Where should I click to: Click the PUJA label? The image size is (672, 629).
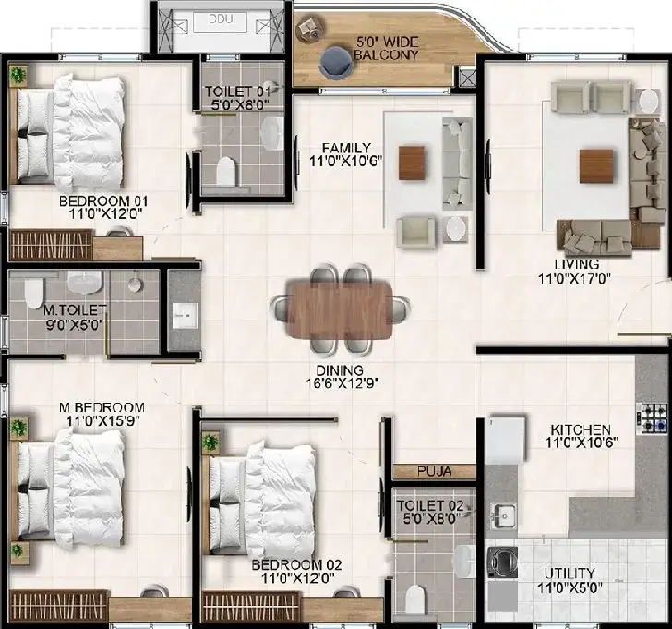(435, 471)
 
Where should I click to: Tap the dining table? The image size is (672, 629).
(340, 308)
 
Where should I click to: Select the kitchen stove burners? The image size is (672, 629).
(652, 417)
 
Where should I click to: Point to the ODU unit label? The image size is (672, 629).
(221, 19)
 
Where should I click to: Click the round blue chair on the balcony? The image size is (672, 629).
(337, 63)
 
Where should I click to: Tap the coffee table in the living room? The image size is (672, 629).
(596, 166)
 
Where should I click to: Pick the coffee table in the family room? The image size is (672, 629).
(412, 163)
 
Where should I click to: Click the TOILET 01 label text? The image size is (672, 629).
(237, 91)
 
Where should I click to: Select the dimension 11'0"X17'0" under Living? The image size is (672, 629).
(574, 279)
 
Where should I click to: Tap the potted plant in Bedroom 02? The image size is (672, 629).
(210, 442)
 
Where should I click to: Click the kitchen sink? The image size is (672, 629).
(504, 514)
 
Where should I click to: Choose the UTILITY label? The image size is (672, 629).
(570, 574)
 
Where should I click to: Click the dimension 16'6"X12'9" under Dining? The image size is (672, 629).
(342, 383)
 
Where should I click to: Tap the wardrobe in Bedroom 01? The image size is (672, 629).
(51, 245)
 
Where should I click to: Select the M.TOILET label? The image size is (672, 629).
(75, 309)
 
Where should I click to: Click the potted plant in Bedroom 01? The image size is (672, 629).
(18, 76)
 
